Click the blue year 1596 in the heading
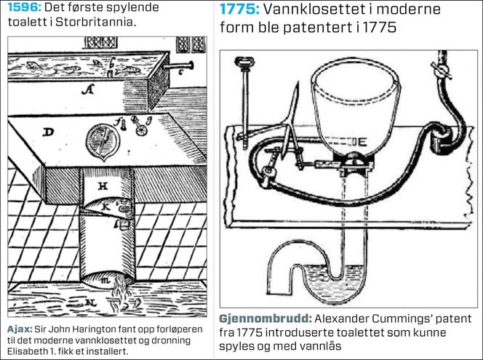[x=24, y=7]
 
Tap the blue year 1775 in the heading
[x=239, y=9]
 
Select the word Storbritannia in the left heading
[x=95, y=23]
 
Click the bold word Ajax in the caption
[x=20, y=329]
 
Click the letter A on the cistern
[x=87, y=89]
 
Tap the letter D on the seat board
[x=48, y=132]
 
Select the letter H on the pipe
[x=103, y=185]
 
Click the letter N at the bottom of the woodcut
[x=90, y=303]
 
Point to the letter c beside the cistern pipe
[x=181, y=73]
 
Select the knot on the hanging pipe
[x=441, y=71]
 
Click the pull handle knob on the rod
[x=242, y=63]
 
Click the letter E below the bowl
[x=362, y=142]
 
